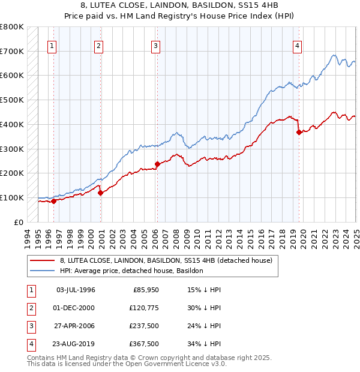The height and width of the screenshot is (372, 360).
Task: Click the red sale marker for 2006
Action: coord(157,164)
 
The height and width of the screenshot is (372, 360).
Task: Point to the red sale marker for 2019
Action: coord(299,132)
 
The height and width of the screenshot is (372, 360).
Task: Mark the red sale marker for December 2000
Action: coord(100,193)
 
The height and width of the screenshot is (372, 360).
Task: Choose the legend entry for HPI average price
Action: coord(131,271)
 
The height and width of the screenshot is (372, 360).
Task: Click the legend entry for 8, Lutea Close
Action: coord(166,260)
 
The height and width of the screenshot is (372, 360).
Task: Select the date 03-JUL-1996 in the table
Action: coord(76,290)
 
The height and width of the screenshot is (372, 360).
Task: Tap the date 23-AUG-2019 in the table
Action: coord(76,344)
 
